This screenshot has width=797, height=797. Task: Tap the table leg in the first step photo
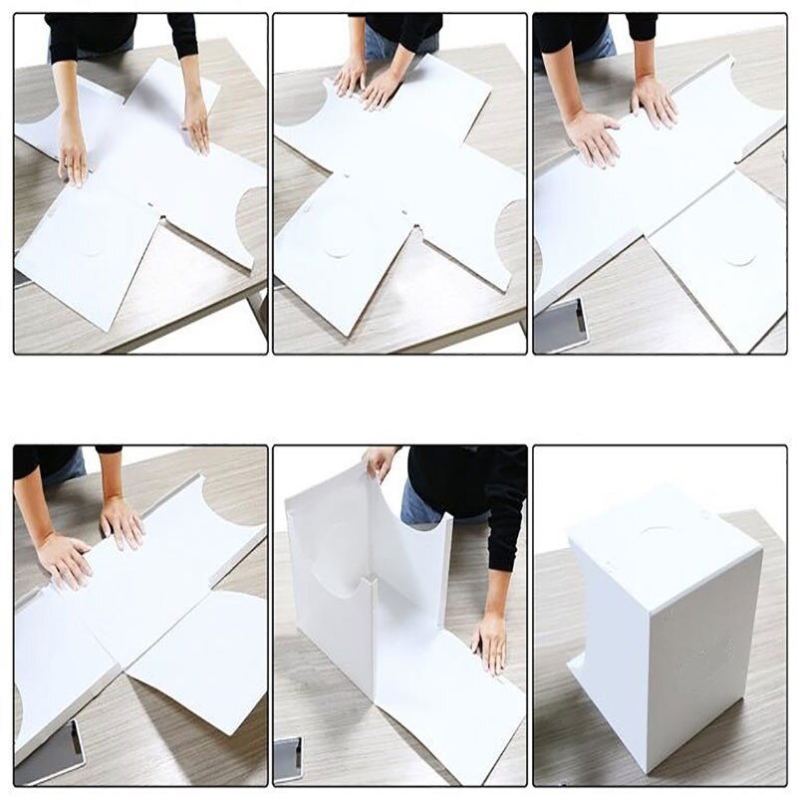(x=261, y=309)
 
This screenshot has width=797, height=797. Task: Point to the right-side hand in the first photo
(x=195, y=124)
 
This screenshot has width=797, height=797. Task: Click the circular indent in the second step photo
(x=337, y=245)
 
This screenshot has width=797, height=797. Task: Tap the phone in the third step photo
(x=561, y=326)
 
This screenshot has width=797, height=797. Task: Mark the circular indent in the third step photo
(x=738, y=256)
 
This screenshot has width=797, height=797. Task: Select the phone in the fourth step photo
(x=50, y=753)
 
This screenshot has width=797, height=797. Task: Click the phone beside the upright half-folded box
(x=287, y=759)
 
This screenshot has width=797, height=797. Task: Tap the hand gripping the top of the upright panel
(x=380, y=463)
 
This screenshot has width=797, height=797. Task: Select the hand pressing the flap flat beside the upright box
(x=489, y=642)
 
